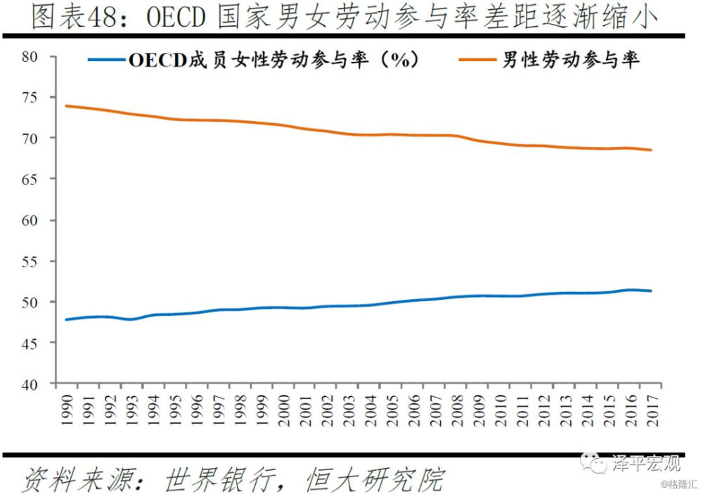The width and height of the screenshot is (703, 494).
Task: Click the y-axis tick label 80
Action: click(x=30, y=56)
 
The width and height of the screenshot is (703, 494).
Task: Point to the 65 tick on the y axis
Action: click(x=30, y=179)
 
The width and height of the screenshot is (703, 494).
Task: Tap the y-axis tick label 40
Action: click(x=30, y=384)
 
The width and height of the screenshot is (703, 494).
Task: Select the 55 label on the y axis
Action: click(x=30, y=261)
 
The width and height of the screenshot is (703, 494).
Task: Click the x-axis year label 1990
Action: click(x=66, y=409)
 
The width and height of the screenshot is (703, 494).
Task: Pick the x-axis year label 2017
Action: click(x=653, y=409)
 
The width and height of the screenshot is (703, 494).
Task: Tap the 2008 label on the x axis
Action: click(x=458, y=409)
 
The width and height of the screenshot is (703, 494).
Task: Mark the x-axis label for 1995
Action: click(x=175, y=409)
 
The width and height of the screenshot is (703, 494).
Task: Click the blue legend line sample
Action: click(x=105, y=61)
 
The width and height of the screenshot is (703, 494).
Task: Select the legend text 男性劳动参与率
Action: click(x=570, y=61)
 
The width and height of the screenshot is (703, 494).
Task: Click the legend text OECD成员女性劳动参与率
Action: click(x=275, y=61)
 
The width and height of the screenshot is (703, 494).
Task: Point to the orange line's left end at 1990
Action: click(x=66, y=106)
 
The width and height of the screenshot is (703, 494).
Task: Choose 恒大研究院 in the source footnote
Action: click(x=375, y=480)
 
